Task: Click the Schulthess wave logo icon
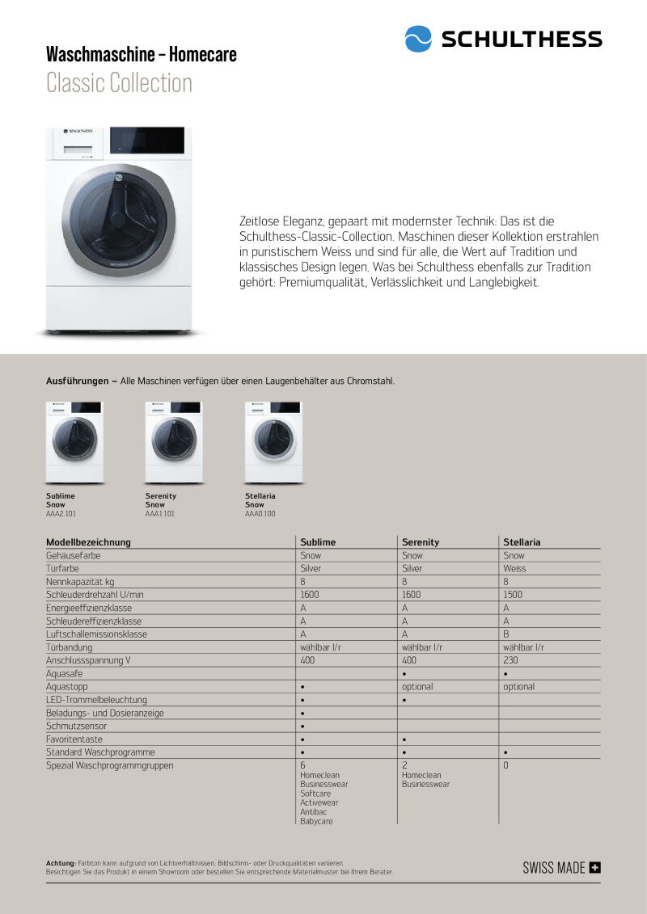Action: pyautogui.click(x=418, y=39)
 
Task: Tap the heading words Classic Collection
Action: pyautogui.click(x=119, y=83)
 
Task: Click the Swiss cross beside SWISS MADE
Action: pyautogui.click(x=595, y=868)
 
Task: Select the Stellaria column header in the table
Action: pyautogui.click(x=522, y=542)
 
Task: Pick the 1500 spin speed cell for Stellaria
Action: pyautogui.click(x=513, y=595)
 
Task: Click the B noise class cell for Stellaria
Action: pyautogui.click(x=506, y=634)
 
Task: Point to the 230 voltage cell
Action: pyautogui.click(x=510, y=660)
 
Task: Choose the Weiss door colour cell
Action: pyautogui.click(x=514, y=569)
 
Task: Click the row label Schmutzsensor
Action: pyautogui.click(x=76, y=726)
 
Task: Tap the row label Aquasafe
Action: pyautogui.click(x=65, y=673)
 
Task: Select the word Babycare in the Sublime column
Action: pyautogui.click(x=316, y=821)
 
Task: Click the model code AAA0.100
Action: pyautogui.click(x=260, y=513)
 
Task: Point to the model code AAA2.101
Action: pyautogui.click(x=61, y=513)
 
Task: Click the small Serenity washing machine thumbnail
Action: pyautogui.click(x=174, y=442)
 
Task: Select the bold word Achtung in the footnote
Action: pyautogui.click(x=61, y=863)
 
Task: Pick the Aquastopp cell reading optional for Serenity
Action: pyautogui.click(x=417, y=687)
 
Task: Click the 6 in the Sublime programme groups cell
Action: pyautogui.click(x=302, y=764)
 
